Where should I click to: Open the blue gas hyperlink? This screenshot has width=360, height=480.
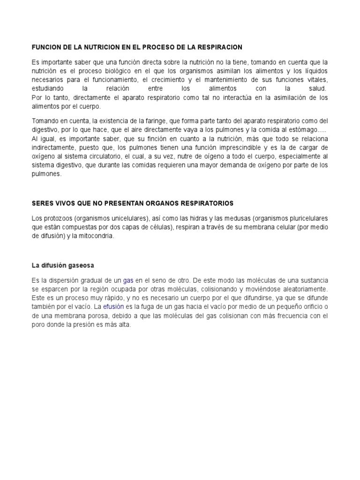(128, 280)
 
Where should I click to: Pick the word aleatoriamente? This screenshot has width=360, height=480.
(298, 289)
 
